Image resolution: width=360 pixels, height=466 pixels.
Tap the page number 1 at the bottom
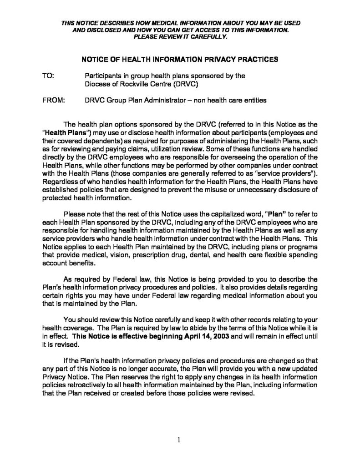click(x=180, y=440)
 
